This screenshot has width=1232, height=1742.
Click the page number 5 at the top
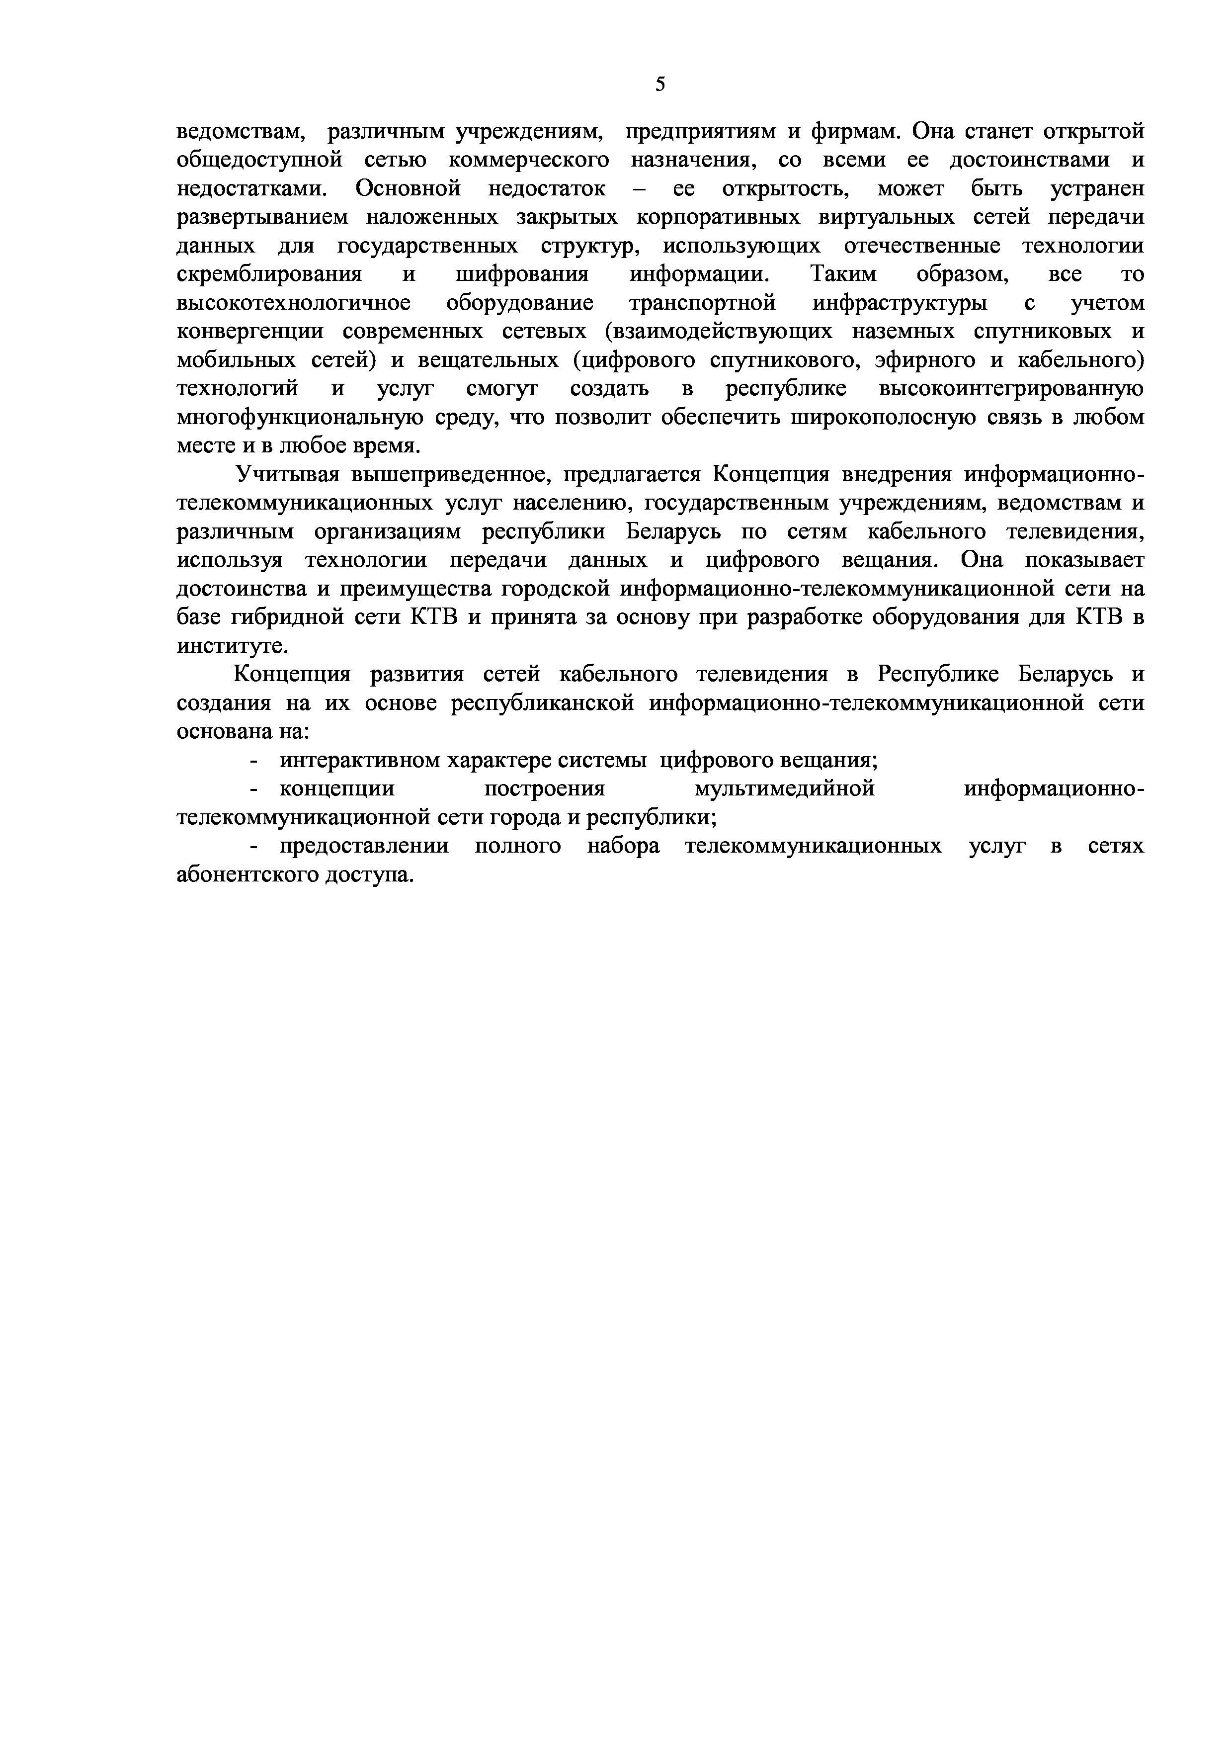pos(660,84)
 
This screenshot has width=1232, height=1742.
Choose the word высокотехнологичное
pos(294,303)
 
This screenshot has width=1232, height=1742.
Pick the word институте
pos(222,646)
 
